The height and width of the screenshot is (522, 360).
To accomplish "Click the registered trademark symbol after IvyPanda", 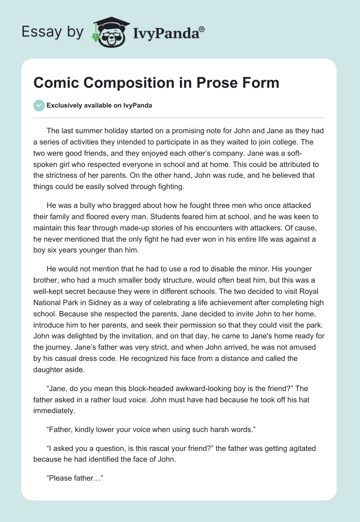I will tap(202, 29).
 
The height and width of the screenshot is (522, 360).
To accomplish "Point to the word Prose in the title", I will tap(214, 83).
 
